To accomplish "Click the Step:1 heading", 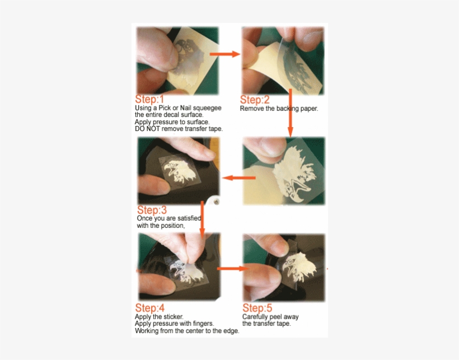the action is pos(149,99).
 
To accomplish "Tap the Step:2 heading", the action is pos(255,100).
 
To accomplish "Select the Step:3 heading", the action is pos(152,210).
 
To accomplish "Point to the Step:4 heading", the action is pos(149,308).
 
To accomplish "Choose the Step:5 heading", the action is pos(257,308).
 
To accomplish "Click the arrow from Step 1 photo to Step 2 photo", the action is pos(225,54).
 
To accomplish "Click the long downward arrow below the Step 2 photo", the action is pos(290,113).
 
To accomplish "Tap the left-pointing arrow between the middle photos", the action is pos(238,177).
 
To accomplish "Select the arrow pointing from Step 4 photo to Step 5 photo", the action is pos(233,268).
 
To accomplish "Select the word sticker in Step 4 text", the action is pos(174,317).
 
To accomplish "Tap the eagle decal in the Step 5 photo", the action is pos(299,267).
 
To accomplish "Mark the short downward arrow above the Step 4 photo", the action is pos(202,219).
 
